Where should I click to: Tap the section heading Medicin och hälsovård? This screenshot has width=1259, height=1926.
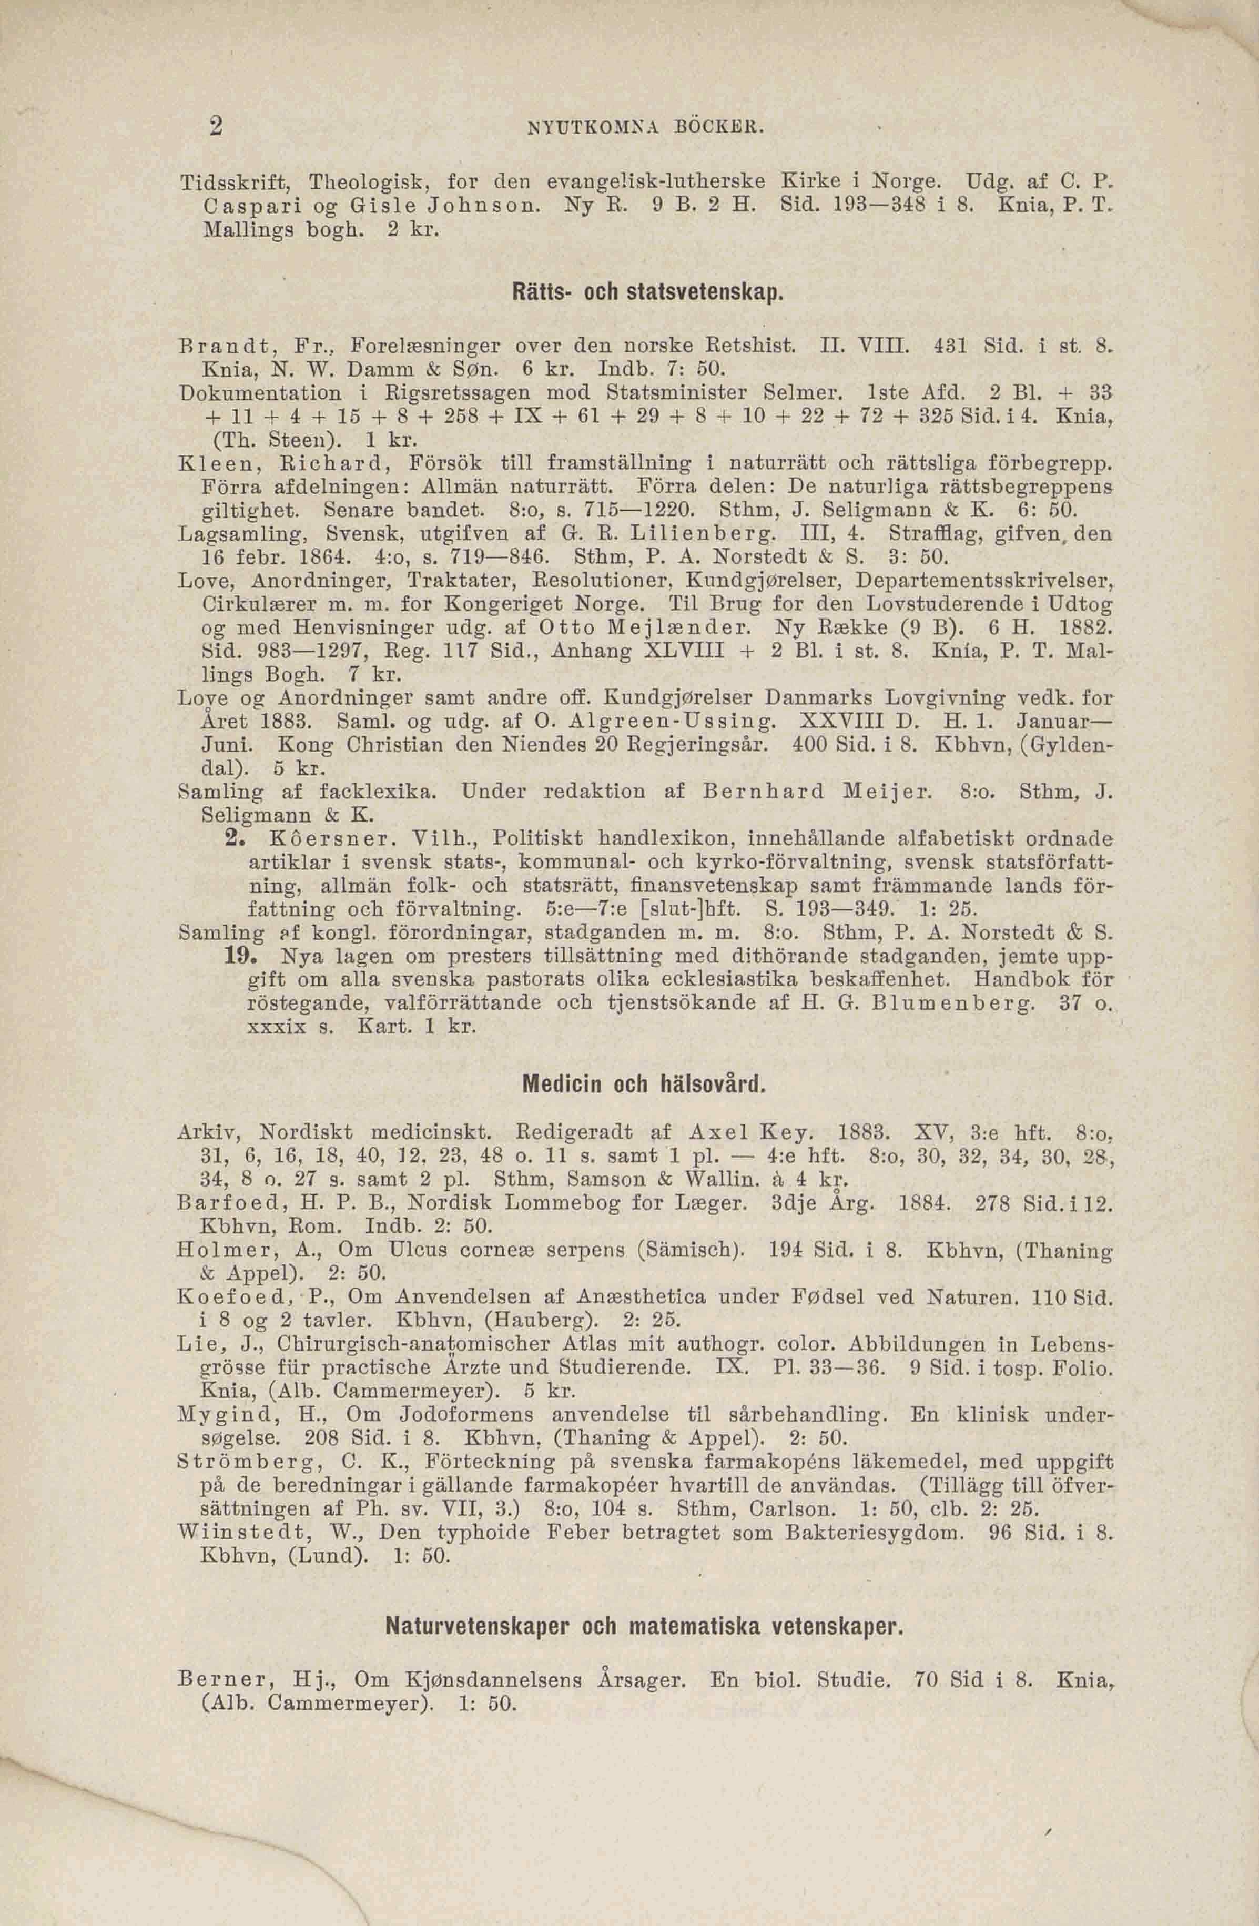644,1083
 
